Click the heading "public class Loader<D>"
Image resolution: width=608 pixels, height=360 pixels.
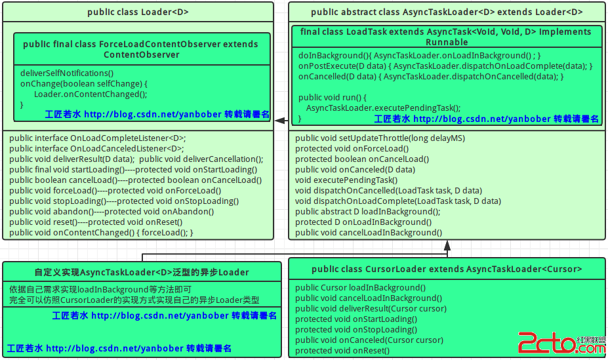[x=138, y=12]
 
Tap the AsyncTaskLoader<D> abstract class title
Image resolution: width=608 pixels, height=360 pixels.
[x=447, y=12]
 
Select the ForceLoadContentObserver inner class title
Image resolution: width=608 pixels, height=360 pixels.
[x=141, y=49]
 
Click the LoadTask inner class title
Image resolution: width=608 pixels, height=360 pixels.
[x=446, y=37]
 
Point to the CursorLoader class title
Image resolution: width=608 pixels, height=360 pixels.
[x=447, y=269]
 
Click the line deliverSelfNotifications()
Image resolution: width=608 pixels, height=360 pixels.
[x=67, y=73]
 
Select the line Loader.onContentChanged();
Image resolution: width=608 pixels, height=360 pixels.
[x=91, y=94]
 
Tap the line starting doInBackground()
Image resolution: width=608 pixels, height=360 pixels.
[x=420, y=56]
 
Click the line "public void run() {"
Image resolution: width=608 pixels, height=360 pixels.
[x=333, y=97]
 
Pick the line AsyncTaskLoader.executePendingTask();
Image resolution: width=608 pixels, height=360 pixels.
[x=384, y=108]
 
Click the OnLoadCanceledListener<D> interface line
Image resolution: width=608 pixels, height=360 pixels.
[x=96, y=148]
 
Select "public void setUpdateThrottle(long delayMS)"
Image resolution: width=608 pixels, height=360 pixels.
[x=380, y=138]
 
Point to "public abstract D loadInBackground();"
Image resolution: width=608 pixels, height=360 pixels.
[x=367, y=212]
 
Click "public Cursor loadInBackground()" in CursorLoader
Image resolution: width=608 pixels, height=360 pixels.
[x=360, y=287]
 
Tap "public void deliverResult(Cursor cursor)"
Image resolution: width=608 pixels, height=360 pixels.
[x=371, y=308]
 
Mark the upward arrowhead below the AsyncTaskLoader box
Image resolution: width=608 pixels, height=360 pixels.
[x=447, y=245]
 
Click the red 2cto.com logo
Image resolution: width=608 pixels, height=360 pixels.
[x=562, y=343]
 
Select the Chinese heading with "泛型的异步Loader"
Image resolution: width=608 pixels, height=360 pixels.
[x=142, y=272]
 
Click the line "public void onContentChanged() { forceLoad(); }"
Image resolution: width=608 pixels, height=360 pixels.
[x=101, y=233]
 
